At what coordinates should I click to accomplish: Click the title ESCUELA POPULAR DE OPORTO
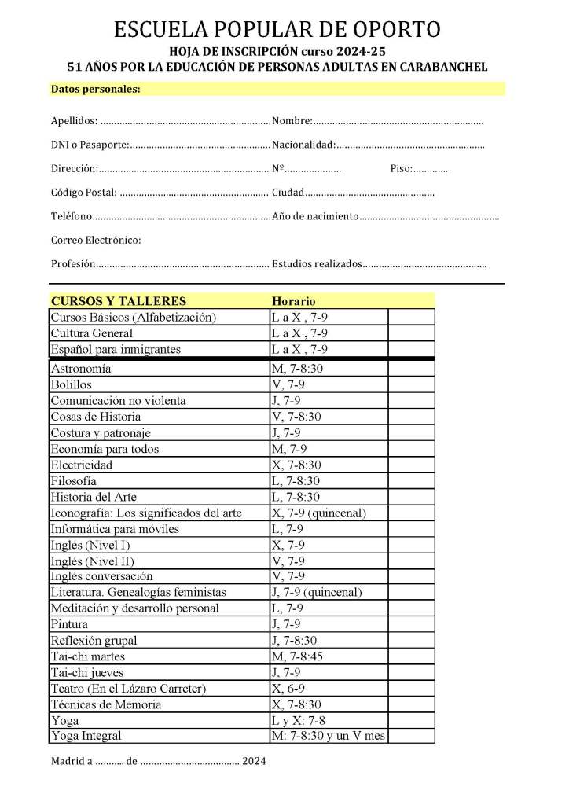277,30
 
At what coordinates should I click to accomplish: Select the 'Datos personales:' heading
95,89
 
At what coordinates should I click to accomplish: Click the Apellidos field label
74,121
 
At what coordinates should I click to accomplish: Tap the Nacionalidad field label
303,145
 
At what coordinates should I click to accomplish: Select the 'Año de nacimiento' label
315,216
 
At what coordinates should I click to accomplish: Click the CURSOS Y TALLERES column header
119,301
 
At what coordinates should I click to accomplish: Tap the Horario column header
293,301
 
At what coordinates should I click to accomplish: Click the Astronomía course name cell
81,369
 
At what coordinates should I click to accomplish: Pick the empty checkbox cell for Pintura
411,625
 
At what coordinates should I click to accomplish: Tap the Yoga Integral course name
86,737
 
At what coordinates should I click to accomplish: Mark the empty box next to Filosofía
411,480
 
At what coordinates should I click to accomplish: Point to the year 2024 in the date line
254,761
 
